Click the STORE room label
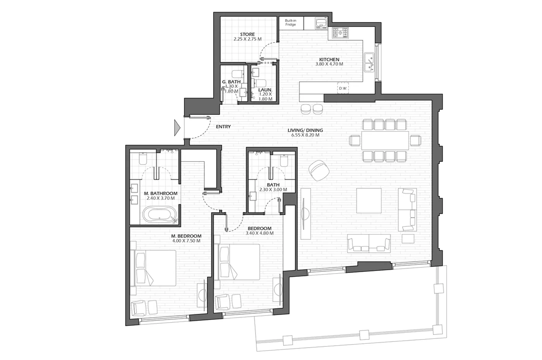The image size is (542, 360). [x=247, y=34]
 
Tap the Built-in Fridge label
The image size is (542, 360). [x=290, y=22]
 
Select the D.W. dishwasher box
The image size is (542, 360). [x=343, y=88]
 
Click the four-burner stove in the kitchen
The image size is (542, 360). [x=340, y=33]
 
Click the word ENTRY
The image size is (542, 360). [x=223, y=127]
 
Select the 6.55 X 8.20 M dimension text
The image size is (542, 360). [x=305, y=135]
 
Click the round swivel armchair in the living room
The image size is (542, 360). [x=319, y=170]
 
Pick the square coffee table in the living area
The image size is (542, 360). [x=369, y=201]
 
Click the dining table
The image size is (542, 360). [x=385, y=140]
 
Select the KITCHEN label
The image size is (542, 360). [x=329, y=60]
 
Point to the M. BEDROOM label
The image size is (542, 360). [x=186, y=236]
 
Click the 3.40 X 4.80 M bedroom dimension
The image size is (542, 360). [x=259, y=233]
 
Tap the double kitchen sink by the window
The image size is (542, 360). [x=369, y=63]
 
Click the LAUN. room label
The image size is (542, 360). [x=265, y=90]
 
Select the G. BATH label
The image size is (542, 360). [x=231, y=82]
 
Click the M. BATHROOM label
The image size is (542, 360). [x=160, y=194]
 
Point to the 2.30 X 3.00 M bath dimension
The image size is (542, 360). [x=273, y=189]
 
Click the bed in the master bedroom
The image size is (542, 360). [x=153, y=268]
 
